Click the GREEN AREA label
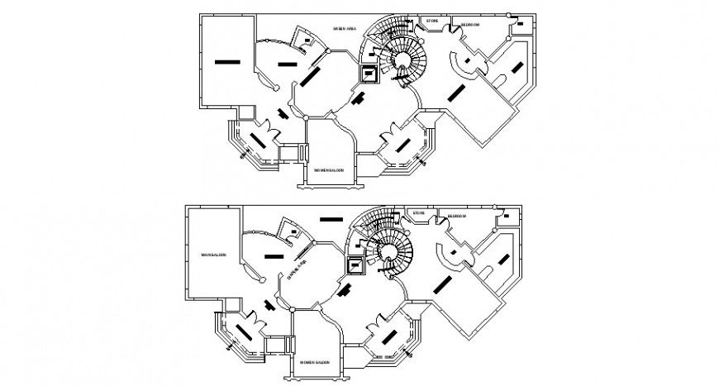[x=345, y=29]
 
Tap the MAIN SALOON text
[x=213, y=255]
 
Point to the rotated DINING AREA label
[x=298, y=269]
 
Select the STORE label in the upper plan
[x=431, y=20]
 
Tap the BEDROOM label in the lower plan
[x=457, y=217]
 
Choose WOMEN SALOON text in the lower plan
[x=315, y=361]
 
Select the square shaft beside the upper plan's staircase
[x=368, y=74]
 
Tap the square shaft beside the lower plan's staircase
[x=355, y=265]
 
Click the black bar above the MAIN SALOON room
[x=226, y=60]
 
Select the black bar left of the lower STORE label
[x=331, y=219]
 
